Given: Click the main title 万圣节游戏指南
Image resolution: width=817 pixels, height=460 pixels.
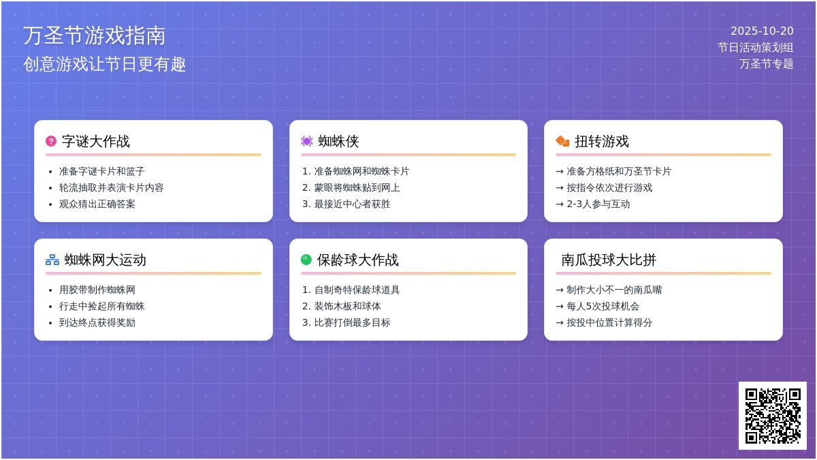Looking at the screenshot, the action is [x=95, y=35].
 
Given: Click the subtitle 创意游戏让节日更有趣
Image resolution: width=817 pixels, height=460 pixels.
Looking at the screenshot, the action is [x=105, y=64].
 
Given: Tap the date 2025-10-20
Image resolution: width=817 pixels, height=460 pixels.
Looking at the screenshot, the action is [x=762, y=31].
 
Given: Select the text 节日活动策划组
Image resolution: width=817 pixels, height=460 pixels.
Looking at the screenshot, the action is [x=755, y=48].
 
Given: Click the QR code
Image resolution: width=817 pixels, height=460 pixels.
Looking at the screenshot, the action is [x=773, y=416].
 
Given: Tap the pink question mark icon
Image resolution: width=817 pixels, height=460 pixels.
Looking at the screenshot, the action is [x=51, y=141].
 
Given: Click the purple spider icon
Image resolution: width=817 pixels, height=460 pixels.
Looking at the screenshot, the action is [x=307, y=141].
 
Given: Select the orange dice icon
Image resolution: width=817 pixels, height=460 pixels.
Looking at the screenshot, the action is [x=562, y=141].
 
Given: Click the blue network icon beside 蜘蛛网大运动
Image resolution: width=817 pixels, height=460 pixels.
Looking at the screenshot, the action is [x=52, y=260].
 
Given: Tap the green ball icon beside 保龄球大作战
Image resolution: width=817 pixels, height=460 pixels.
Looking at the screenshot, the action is [x=306, y=260].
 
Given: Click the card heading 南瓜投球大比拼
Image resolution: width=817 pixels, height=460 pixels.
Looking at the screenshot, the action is [x=609, y=260].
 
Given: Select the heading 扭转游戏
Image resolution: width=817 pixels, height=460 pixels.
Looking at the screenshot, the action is [x=602, y=141].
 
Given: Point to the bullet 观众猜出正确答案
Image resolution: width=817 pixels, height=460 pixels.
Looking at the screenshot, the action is [x=97, y=204].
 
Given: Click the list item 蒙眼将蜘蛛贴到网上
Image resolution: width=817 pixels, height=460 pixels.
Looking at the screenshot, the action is [x=357, y=187].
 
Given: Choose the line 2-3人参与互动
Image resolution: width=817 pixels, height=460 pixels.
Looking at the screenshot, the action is [x=598, y=204].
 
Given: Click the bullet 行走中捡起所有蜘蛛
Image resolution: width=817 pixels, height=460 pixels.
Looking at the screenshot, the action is [x=101, y=306].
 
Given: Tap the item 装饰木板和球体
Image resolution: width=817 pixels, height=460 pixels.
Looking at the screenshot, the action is [x=348, y=306].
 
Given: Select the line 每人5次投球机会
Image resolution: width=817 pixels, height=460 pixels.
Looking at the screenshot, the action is [x=603, y=306].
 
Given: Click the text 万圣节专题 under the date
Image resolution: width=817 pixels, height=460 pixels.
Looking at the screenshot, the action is [x=767, y=64].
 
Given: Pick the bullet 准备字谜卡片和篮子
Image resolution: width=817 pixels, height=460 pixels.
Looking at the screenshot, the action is [x=101, y=171].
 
